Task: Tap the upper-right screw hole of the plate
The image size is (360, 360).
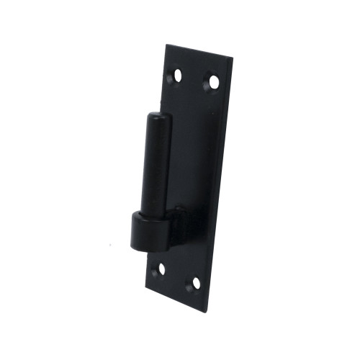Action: pos(212,82)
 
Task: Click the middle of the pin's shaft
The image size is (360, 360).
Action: pos(156,166)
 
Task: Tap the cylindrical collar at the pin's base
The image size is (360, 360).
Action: pos(149,230)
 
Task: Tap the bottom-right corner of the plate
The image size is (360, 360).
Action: pos(205,311)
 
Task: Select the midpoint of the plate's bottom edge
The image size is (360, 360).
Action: pos(175,299)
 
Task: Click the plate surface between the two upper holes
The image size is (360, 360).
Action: pos(194,78)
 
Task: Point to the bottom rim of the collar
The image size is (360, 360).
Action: pos(148,247)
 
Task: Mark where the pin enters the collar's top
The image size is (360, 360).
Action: pos(153,214)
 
